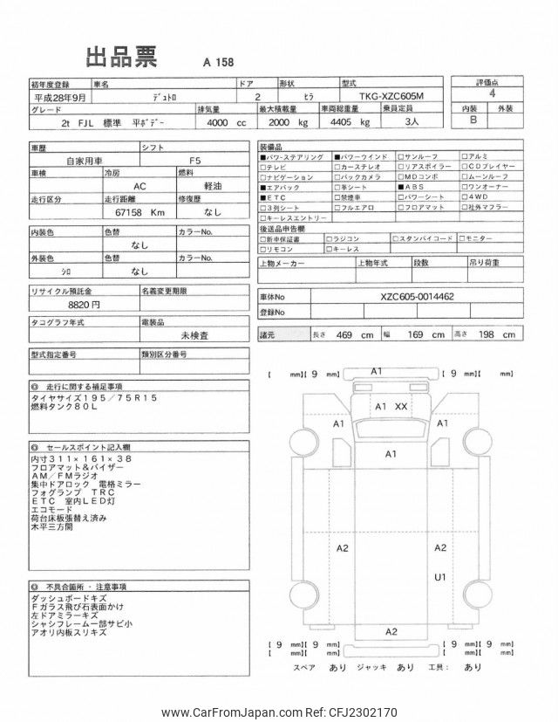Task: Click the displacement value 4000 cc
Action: pyautogui.click(x=224, y=123)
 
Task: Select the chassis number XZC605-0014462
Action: pyautogui.click(x=418, y=296)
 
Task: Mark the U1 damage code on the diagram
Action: pyautogui.click(x=440, y=576)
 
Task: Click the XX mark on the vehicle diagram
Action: pyautogui.click(x=401, y=407)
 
